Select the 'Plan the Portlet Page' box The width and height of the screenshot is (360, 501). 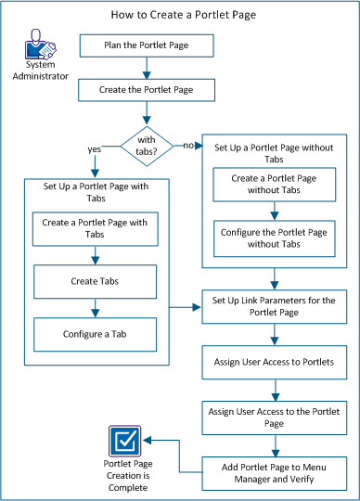point(147,45)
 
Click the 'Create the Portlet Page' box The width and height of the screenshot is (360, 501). point(147,91)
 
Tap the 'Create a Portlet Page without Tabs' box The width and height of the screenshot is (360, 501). point(275,185)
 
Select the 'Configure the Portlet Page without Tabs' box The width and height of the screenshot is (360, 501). point(275,238)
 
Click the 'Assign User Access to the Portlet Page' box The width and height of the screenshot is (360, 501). point(275,412)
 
